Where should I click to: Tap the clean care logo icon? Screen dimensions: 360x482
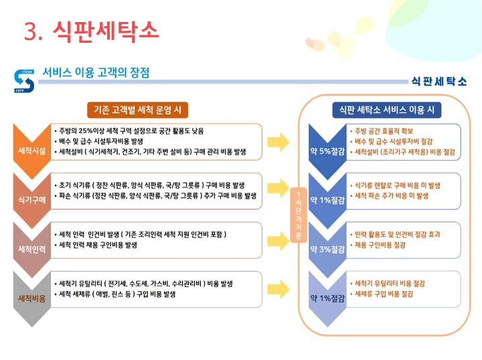click(x=23, y=80)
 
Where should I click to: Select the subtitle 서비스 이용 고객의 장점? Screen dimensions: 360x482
click(x=96, y=72)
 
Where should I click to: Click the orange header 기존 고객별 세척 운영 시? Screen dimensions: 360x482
click(x=138, y=109)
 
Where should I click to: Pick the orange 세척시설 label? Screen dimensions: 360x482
click(x=31, y=151)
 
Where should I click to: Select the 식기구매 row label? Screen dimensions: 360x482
click(x=31, y=199)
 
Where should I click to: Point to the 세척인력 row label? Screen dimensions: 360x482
click(x=31, y=249)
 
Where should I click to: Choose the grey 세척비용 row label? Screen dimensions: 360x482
click(x=31, y=298)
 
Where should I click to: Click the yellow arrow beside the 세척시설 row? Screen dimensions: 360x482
click(x=278, y=142)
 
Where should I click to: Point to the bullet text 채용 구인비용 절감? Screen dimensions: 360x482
click(x=380, y=245)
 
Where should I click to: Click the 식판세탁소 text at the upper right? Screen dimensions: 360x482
click(x=439, y=81)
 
